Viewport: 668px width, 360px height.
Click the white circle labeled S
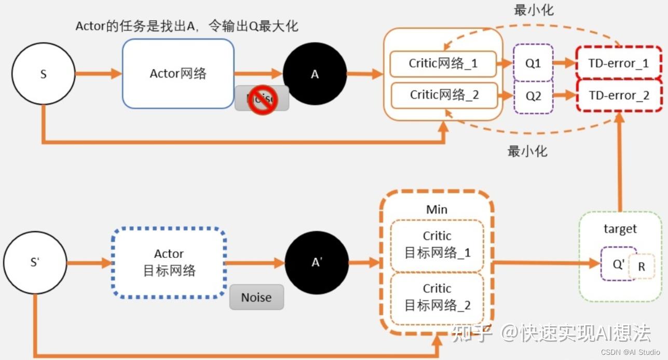pyautogui.click(x=43, y=74)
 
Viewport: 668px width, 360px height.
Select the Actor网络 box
pyautogui.click(x=178, y=74)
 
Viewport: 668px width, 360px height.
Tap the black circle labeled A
pyautogui.click(x=315, y=74)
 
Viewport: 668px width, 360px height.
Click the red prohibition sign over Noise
pyautogui.click(x=262, y=100)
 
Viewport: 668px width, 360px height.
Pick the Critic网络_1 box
pyautogui.click(x=443, y=63)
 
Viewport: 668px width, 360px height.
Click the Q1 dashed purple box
pyautogui.click(x=533, y=63)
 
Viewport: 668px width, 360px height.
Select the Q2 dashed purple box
pyautogui.click(x=533, y=95)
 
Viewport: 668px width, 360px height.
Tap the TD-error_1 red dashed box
pyautogui.click(x=619, y=63)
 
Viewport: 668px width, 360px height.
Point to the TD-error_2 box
pyautogui.click(x=619, y=95)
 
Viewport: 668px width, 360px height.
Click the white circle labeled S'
pyautogui.click(x=35, y=262)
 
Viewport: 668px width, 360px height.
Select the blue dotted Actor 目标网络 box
pyautogui.click(x=169, y=262)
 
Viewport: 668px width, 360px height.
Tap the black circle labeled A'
pyautogui.click(x=317, y=262)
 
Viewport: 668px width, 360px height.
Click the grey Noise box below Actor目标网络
pyautogui.click(x=256, y=297)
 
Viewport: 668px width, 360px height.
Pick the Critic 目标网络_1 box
pyautogui.click(x=437, y=245)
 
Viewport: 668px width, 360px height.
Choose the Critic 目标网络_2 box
pyautogui.click(x=437, y=297)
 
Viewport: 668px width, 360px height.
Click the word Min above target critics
pyautogui.click(x=437, y=210)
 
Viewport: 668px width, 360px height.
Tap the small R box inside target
pyautogui.click(x=642, y=267)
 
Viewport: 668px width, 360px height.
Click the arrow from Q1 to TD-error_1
pyautogui.click(x=565, y=63)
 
